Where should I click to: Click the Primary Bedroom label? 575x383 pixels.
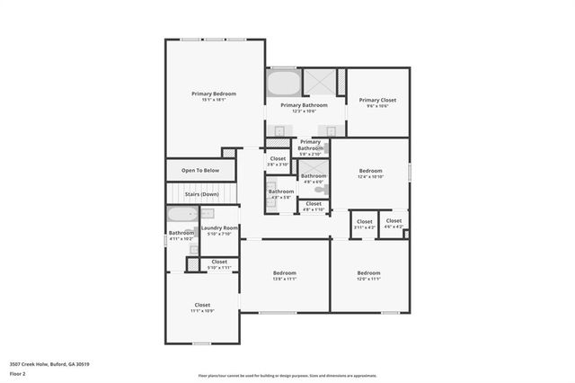(214, 94)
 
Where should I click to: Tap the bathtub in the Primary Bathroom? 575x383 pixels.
(282, 84)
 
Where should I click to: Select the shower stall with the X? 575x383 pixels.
(317, 83)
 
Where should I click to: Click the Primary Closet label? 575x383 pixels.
(377, 100)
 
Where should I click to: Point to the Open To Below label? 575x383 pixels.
(200, 170)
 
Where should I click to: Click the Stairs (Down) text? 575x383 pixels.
(202, 194)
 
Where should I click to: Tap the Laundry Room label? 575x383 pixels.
(219, 228)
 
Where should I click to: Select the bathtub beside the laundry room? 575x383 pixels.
(181, 217)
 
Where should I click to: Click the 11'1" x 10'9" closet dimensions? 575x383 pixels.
(202, 311)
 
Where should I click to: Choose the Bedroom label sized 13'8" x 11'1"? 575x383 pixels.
(285, 272)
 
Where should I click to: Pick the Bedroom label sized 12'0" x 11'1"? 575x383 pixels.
(369, 272)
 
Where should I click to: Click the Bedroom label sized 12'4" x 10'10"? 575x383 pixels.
(371, 171)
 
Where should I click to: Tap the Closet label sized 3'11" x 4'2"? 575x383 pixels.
(365, 221)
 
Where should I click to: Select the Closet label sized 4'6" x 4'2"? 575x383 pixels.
(394, 220)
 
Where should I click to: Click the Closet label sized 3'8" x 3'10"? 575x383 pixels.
(278, 158)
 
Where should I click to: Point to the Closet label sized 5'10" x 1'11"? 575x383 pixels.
(219, 262)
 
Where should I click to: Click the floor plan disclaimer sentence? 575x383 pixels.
(287, 375)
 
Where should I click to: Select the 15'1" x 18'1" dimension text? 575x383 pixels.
(214, 100)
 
